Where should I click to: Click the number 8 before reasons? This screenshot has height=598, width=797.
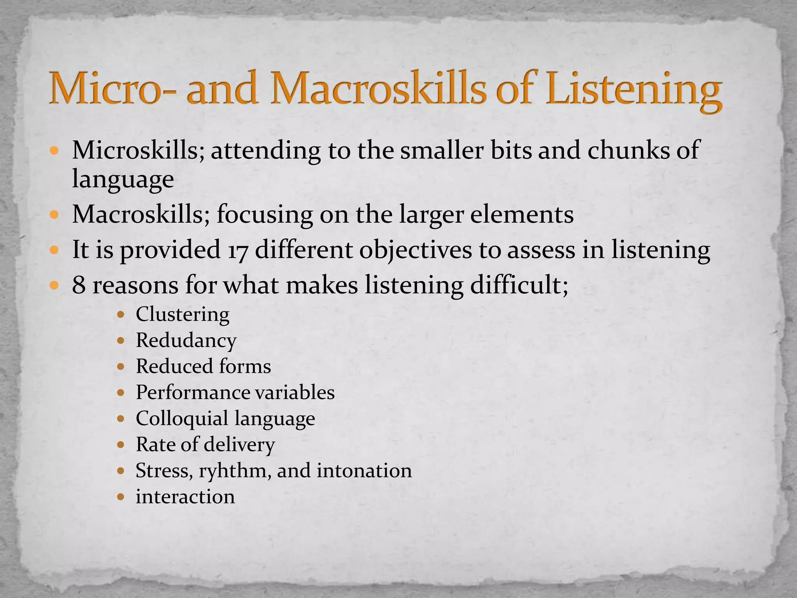pyautogui.click(x=79, y=285)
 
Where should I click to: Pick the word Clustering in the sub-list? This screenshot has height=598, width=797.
pyautogui.click(x=183, y=314)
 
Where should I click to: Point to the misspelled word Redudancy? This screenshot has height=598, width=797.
pyautogui.click(x=186, y=340)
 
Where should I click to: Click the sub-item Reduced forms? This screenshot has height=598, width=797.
pyautogui.click(x=203, y=366)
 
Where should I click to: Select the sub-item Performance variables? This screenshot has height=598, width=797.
pyautogui.click(x=235, y=392)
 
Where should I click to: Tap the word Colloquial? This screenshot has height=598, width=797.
pyautogui.click(x=182, y=419)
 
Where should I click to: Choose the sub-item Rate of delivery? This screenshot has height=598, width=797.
pyautogui.click(x=205, y=444)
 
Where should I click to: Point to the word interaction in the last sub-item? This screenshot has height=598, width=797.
pyautogui.click(x=185, y=497)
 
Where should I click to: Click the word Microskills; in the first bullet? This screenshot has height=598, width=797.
pyautogui.click(x=138, y=150)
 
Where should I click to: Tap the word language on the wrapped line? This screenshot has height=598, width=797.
pyautogui.click(x=123, y=179)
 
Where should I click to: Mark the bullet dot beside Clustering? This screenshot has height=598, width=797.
pyautogui.click(x=121, y=314)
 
